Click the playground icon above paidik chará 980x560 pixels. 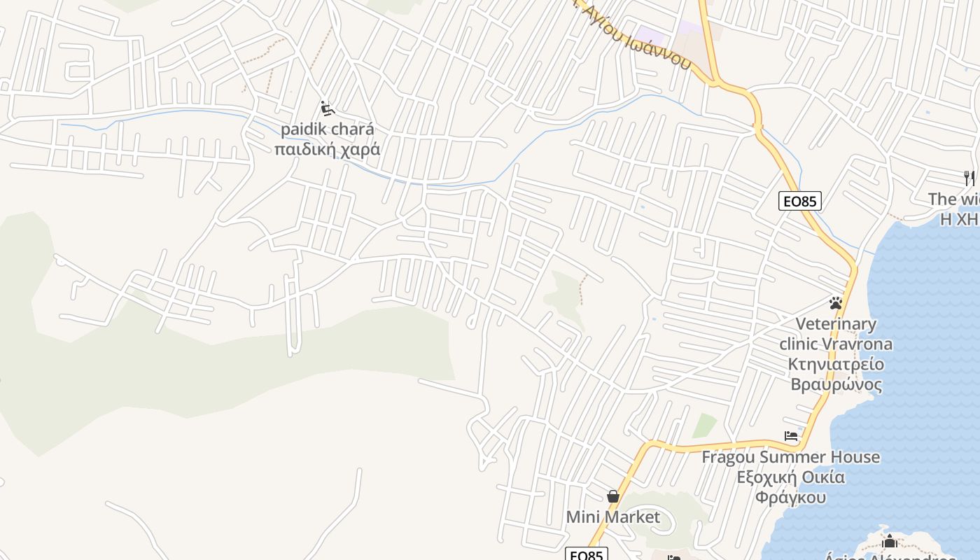[x=328, y=108]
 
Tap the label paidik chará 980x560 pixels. [x=328, y=129]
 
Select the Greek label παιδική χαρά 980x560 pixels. [x=328, y=149]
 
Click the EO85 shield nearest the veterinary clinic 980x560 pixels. [x=799, y=202]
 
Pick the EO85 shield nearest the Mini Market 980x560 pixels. [x=587, y=555]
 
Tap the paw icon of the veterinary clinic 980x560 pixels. [x=835, y=303]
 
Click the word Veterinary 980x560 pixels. [x=836, y=324]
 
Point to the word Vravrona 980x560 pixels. [x=855, y=344]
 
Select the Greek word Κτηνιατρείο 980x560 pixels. [x=836, y=364]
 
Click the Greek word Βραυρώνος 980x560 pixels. [x=836, y=384]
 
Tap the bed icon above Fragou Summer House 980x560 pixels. [x=791, y=436]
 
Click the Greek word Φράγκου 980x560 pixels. [x=791, y=498]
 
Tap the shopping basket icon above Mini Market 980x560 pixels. [x=613, y=496]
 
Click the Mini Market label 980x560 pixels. [x=613, y=517]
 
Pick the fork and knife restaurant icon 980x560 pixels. [x=969, y=178]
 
